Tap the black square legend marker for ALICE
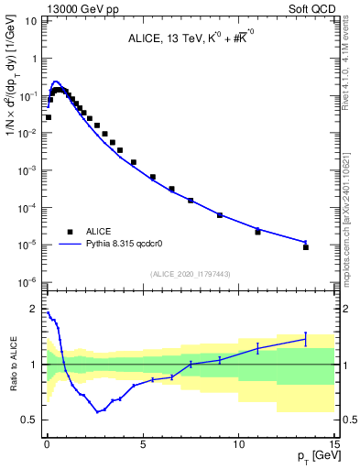click(x=70, y=232)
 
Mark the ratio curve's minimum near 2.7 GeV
click(x=97, y=412)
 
